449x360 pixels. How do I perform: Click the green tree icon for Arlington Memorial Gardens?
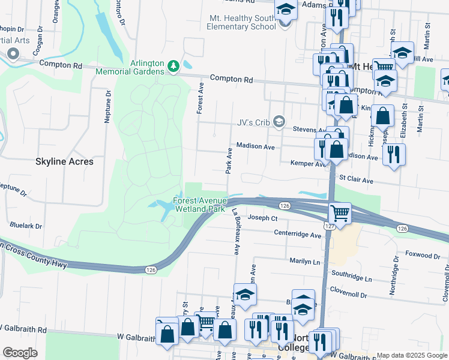(174, 65)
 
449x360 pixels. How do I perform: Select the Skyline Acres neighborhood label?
(64, 162)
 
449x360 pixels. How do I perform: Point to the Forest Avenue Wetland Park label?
(200, 205)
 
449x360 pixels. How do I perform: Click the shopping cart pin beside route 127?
(340, 213)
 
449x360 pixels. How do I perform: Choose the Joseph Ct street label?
(262, 218)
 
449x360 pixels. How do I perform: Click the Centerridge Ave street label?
(298, 235)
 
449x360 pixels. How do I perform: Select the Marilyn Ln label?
(305, 262)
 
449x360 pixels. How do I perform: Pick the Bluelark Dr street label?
(26, 226)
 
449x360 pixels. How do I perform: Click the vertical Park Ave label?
(229, 160)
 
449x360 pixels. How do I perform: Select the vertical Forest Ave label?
(200, 98)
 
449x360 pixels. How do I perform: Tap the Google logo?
(20, 353)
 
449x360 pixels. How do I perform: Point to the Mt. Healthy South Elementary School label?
(241, 22)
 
